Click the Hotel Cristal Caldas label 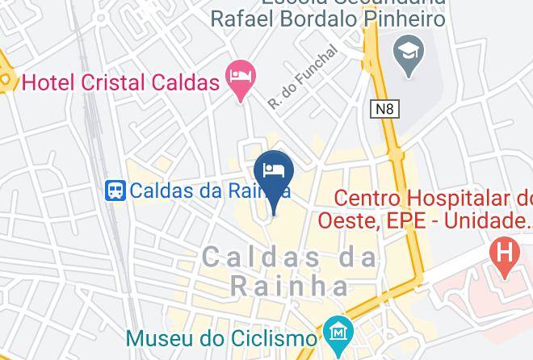pos(121,82)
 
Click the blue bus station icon pos(116,190)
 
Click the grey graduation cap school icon pos(406,54)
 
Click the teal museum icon pos(334,333)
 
